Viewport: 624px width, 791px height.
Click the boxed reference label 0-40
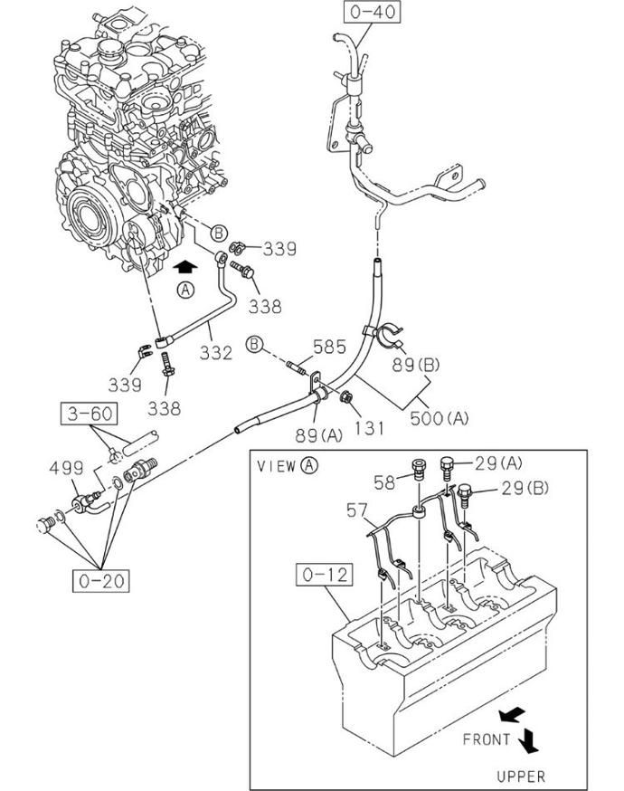click(373, 12)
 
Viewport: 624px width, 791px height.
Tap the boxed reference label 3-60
click(90, 414)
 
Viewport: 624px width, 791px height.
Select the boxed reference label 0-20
click(101, 581)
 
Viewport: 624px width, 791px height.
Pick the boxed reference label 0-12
click(324, 575)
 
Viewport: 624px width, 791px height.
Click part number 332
click(216, 353)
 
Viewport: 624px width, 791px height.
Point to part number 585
click(330, 347)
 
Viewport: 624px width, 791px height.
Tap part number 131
click(368, 428)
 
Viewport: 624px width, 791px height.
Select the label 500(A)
click(439, 418)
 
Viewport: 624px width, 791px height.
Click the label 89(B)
click(416, 364)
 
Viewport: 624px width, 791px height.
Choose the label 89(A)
click(318, 434)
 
